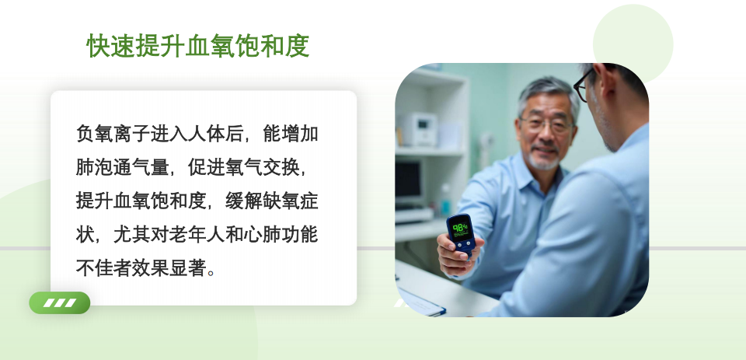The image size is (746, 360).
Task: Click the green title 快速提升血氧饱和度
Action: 197,47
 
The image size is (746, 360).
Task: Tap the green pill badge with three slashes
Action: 60,302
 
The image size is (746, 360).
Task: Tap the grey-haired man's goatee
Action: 544,162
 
